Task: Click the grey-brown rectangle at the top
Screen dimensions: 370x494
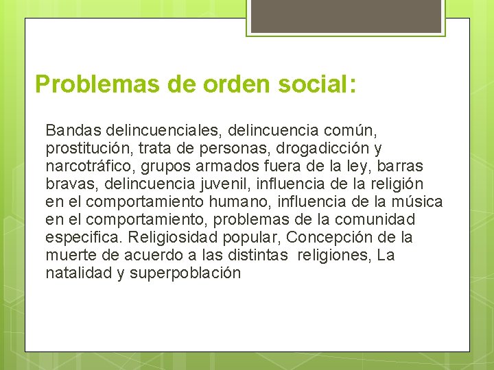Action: (x=345, y=16)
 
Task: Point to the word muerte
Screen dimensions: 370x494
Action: (x=69, y=256)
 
